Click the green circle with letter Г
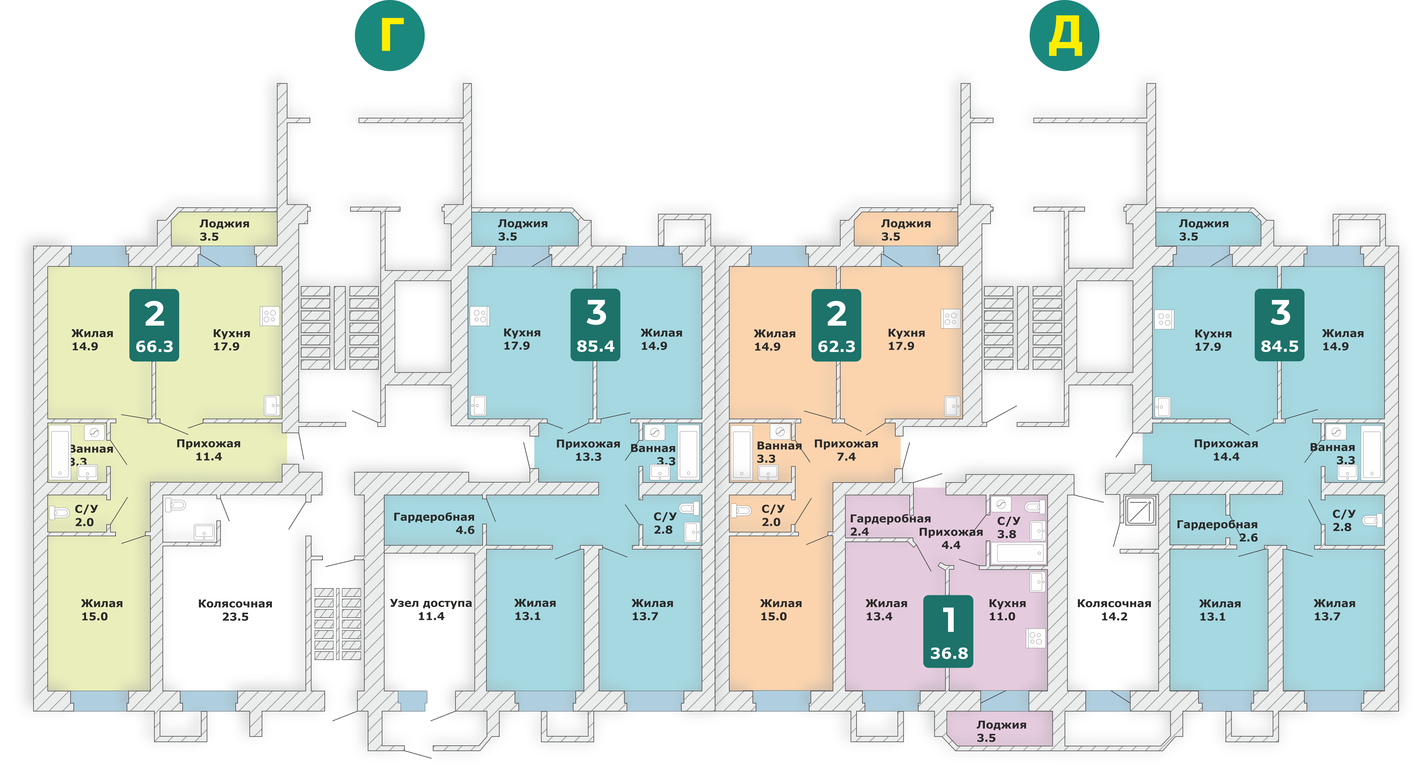390,35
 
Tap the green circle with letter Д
1064,35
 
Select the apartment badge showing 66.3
155,325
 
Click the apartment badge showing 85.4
596,325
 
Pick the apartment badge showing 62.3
836,325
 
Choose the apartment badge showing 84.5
1279,325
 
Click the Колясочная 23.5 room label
235,610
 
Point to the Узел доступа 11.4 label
431,609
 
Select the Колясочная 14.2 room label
1114,610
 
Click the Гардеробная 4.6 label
434,523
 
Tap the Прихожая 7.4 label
846,450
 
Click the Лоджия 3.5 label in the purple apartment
1001,731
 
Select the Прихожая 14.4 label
1226,450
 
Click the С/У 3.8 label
1008,527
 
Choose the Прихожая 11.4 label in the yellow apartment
208,450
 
